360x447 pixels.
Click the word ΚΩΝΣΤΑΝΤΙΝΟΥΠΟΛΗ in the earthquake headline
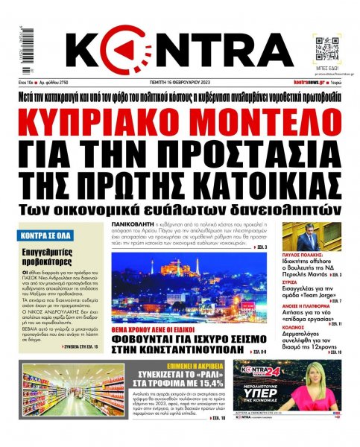182,345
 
